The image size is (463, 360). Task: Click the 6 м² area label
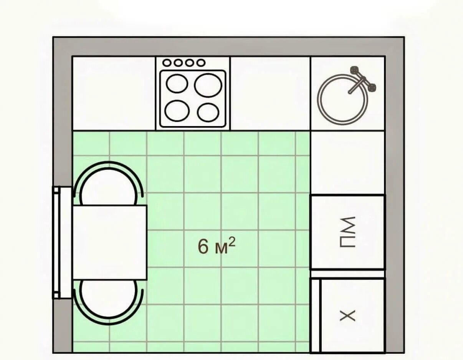point(217,246)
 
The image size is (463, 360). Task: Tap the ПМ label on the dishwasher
point(347,232)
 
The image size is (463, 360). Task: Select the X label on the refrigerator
point(347,316)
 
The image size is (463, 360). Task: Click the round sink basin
point(342,100)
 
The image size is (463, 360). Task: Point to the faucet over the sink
point(362,80)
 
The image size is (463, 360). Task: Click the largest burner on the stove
point(208,85)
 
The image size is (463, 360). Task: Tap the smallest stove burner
point(208,112)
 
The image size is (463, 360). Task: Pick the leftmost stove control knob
point(167,63)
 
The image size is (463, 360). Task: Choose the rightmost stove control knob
point(201,63)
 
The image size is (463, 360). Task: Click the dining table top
point(110,242)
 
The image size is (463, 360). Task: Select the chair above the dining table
point(108,184)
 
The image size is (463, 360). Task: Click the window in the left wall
point(62,242)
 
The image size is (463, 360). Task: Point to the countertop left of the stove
point(114,93)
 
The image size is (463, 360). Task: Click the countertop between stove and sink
point(270,93)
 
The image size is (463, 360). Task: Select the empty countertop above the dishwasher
point(347,163)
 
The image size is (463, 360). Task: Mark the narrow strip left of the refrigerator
point(315,316)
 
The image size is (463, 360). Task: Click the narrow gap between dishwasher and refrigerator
point(347,274)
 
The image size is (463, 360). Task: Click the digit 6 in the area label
point(203,246)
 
